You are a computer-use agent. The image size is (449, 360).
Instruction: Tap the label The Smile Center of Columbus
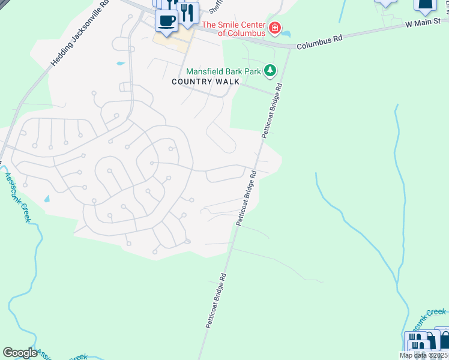tap(234, 29)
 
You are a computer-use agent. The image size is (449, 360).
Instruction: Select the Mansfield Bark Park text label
tap(223, 71)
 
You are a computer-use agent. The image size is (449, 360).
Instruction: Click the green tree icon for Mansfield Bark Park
tap(271, 71)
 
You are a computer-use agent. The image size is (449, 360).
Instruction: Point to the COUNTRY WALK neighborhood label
tap(201, 82)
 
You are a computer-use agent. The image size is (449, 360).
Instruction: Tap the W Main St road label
tap(427, 23)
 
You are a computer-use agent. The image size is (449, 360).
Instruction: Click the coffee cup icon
tap(166, 20)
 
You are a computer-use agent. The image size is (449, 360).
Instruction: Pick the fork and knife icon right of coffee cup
tap(188, 13)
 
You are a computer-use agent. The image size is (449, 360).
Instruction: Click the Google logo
tap(20, 353)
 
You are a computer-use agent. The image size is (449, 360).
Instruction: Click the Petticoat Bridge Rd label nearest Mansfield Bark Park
tap(271, 112)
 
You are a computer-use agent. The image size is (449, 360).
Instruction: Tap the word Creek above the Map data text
tap(436, 311)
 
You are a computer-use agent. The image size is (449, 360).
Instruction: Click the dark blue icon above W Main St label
tap(424, 5)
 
